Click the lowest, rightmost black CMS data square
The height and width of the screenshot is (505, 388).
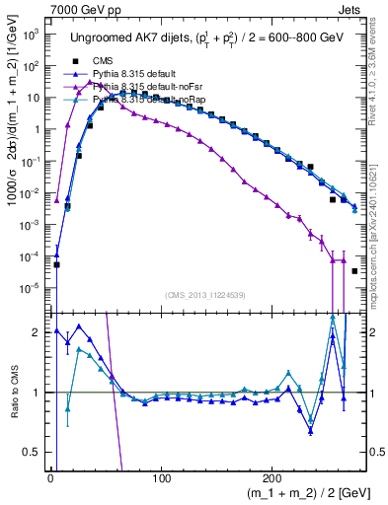pos(355,270)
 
